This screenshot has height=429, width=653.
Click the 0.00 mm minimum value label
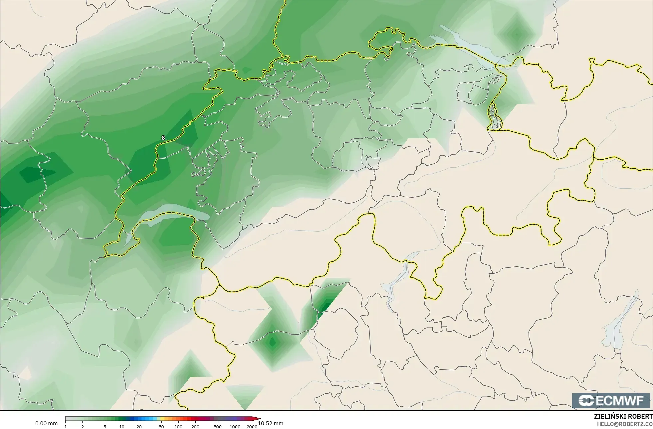[46, 423]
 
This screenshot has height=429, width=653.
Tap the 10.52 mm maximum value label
[270, 423]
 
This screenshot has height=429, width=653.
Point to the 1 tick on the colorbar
[66, 427]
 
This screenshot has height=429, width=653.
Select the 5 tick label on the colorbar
[105, 427]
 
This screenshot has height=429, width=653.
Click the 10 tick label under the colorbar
[122, 427]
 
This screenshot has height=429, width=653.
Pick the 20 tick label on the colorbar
[139, 427]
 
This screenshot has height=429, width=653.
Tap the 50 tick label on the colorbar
[161, 427]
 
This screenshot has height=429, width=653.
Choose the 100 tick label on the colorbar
[178, 427]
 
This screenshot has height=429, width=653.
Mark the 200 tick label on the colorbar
[195, 427]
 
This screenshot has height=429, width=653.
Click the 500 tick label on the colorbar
[218, 427]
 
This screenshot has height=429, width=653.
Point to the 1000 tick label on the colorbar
[235, 427]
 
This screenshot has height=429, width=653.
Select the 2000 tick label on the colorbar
[252, 427]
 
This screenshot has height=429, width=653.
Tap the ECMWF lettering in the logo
[619, 401]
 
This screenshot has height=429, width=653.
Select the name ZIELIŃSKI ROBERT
[623, 416]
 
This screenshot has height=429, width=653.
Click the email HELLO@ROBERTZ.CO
[624, 424]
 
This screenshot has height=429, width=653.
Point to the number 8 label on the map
[163, 138]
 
